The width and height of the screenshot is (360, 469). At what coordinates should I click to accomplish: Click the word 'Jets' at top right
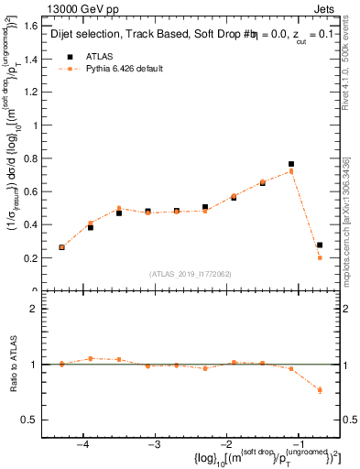point(324,8)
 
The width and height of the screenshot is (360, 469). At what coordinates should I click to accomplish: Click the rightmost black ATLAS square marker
point(320,245)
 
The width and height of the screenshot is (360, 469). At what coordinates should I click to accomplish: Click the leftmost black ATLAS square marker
point(62,247)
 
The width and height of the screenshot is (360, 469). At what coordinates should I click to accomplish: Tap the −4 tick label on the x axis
point(82,443)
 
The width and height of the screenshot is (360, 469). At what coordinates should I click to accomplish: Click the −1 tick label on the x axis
point(298,443)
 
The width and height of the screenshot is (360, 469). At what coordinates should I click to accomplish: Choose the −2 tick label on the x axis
point(226,443)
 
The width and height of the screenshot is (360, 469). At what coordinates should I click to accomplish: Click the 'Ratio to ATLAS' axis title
point(16,364)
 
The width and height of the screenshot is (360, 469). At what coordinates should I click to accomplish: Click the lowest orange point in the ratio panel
point(320,390)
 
